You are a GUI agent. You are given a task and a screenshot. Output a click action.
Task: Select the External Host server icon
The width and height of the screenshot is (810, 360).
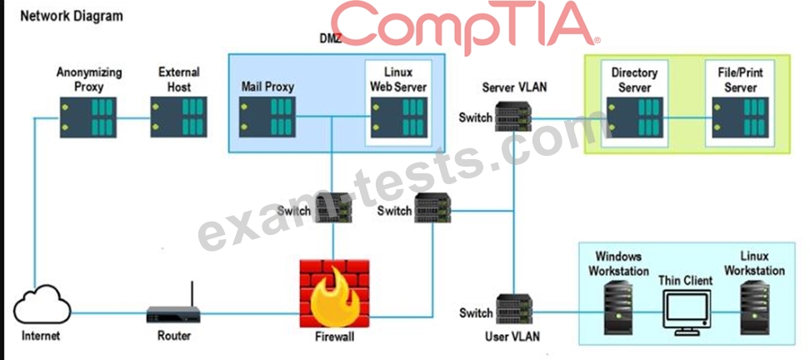point(177,117)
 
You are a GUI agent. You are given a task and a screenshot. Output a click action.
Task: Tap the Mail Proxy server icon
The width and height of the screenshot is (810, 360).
point(267,117)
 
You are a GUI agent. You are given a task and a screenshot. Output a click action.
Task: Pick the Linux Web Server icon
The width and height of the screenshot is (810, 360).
point(397,117)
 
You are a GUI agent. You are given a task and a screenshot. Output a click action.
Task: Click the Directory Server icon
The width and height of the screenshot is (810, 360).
point(634,117)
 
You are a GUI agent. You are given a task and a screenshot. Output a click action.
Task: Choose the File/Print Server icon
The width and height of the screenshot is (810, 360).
point(739,117)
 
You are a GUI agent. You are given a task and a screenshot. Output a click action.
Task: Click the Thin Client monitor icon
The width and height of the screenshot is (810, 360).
point(685,312)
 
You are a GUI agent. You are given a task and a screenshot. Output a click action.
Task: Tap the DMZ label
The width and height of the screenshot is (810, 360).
point(331,39)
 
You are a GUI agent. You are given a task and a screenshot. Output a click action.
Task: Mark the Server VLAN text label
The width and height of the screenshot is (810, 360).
point(515,87)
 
